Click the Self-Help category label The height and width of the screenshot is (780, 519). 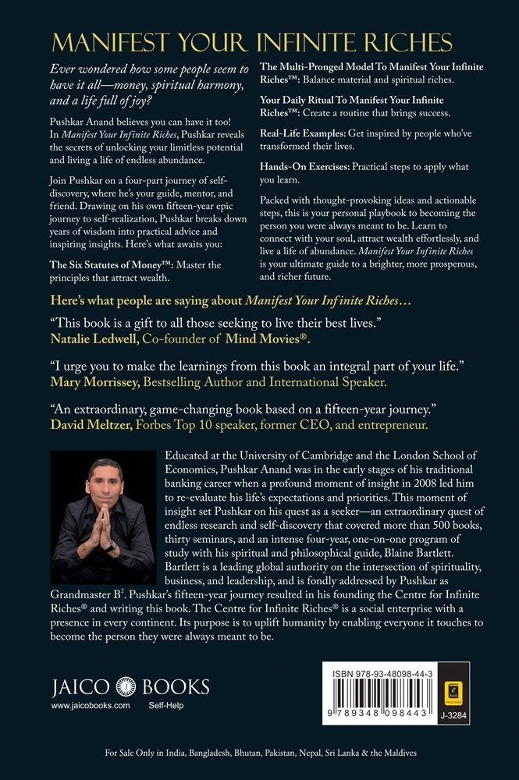click(166, 705)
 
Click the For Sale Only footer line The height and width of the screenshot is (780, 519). click(259, 753)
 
